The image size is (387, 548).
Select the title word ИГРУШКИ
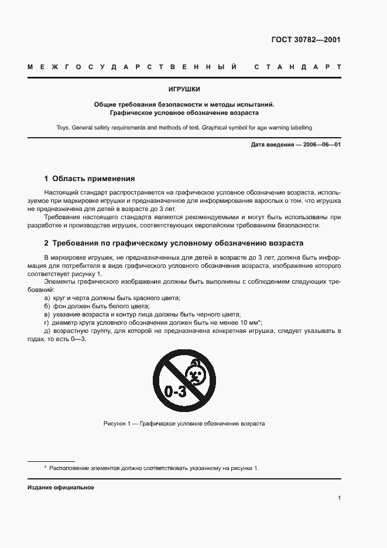tap(184, 90)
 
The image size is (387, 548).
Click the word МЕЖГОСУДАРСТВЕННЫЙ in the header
tap(132, 67)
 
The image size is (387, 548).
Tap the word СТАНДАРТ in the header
tap(297, 67)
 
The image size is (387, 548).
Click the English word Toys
tap(64, 127)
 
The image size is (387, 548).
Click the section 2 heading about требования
tap(174, 243)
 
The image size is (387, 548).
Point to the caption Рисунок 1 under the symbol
tap(184, 423)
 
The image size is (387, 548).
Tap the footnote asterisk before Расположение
tap(46, 468)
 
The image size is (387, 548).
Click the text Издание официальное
tap(61, 488)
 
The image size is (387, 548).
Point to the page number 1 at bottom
tap(340, 498)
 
